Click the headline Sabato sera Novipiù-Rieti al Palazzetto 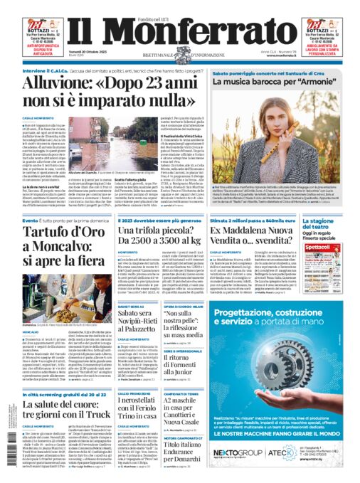click(140, 316)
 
